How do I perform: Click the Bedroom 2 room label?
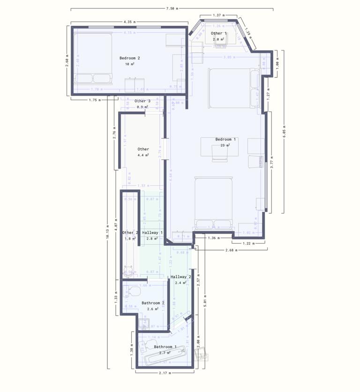coord(130,58)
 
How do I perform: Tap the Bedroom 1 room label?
coord(226,140)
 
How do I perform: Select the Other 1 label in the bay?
coord(218,34)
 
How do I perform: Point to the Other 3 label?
coord(142,101)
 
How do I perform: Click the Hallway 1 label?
coord(152,233)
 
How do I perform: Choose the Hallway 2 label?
coord(181,277)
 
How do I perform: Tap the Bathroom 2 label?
coord(153,303)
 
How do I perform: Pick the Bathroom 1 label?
coord(165,347)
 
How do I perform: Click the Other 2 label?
coord(130,233)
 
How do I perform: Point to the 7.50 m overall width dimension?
coord(172,8)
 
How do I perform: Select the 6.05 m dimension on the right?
coord(283,132)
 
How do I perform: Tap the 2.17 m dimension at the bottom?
coord(165,373)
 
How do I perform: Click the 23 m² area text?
coord(225,146)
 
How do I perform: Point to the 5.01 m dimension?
coord(205,302)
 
